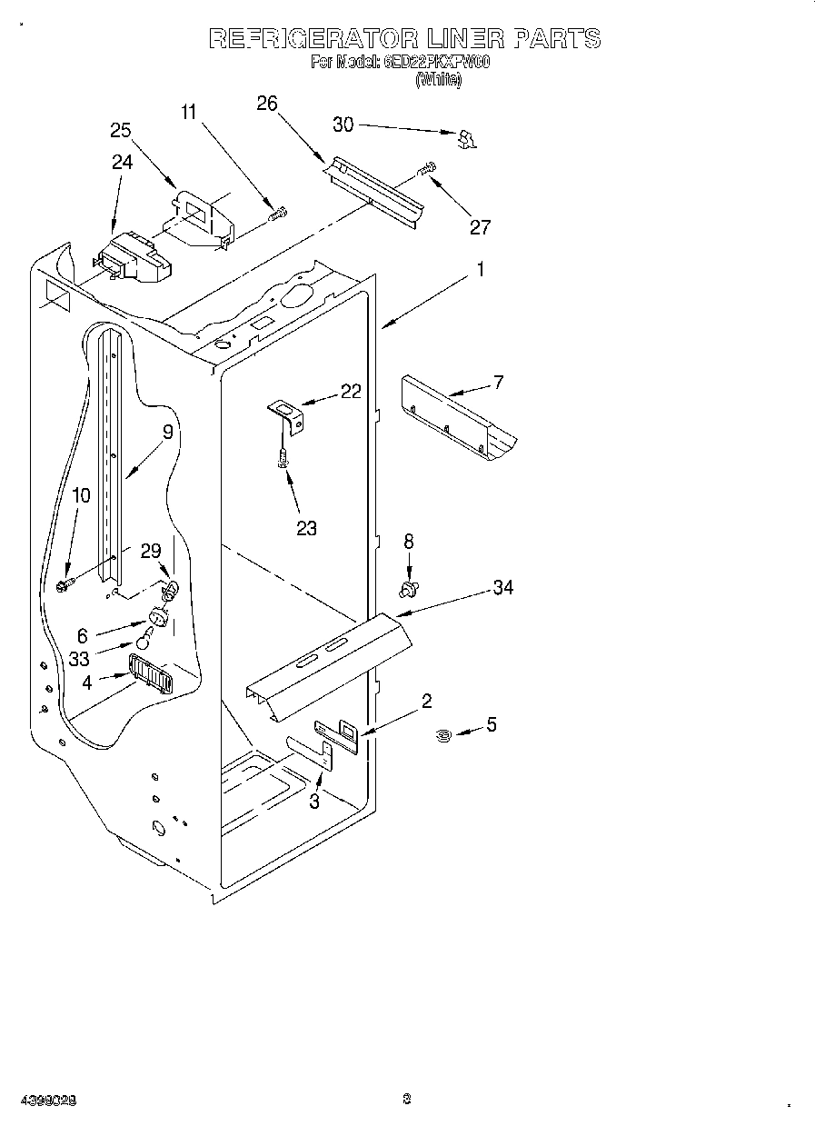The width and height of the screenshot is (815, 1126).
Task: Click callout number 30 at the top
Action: [x=343, y=125]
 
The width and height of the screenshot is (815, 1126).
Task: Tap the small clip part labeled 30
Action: [x=467, y=138]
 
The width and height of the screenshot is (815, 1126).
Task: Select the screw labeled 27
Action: [x=426, y=168]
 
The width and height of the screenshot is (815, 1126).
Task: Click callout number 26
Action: [x=266, y=104]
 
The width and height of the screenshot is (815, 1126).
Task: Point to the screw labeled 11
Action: [x=278, y=214]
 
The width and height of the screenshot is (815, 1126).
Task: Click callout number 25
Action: [x=121, y=130]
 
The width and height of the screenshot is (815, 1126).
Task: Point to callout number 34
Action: [x=502, y=588]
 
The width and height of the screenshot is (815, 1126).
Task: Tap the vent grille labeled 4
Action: [x=150, y=675]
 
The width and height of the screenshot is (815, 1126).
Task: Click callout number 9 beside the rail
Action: [x=167, y=433]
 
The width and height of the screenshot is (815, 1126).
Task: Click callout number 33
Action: [x=79, y=660]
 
